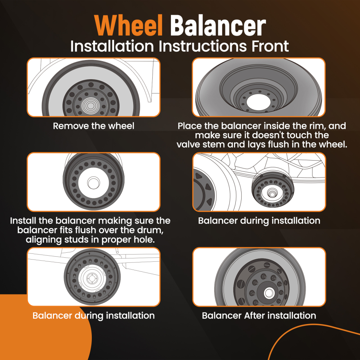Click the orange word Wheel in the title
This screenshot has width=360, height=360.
[129, 26]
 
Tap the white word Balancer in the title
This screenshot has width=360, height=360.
[218, 26]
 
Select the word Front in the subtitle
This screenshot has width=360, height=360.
[270, 46]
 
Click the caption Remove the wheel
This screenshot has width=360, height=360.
[94, 126]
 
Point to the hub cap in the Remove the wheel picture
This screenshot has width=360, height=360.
[91, 105]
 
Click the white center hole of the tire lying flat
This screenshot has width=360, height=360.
[258, 102]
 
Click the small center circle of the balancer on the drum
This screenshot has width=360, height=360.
[94, 183]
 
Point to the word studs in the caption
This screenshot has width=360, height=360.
[78, 239]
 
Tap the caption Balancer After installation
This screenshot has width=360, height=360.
[259, 315]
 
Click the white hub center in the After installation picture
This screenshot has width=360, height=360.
[269, 293]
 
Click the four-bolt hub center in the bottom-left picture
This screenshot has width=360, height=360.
[92, 278]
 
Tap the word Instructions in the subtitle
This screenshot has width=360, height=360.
[203, 46]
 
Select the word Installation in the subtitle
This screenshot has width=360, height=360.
[112, 46]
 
